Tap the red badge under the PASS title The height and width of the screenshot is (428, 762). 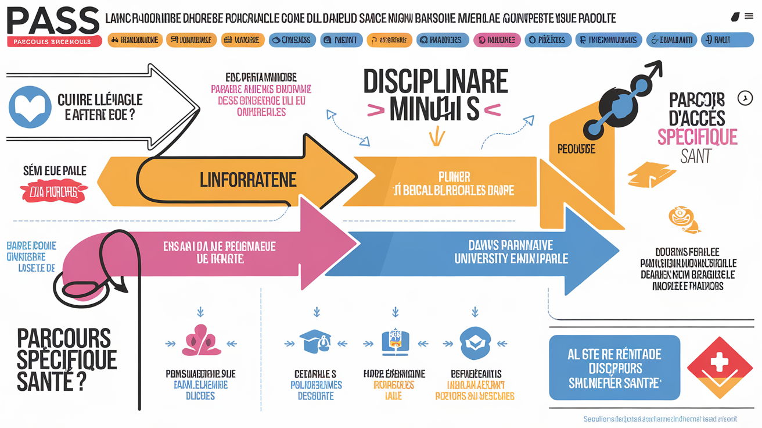tap(55, 42)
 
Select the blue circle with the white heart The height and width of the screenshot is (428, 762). tap(30, 106)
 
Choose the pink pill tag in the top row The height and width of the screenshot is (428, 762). tap(497, 40)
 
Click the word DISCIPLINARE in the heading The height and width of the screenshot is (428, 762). tap(436, 83)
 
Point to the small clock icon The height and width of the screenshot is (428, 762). tap(745, 98)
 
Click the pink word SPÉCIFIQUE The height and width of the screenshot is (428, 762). tap(697, 137)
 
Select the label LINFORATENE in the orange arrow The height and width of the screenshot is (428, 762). tap(248, 180)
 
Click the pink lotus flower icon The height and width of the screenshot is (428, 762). tap(200, 341)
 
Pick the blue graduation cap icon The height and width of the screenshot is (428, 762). tap(316, 342)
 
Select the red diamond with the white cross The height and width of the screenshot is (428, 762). tap(720, 365)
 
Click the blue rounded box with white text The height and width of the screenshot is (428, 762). tap(614, 368)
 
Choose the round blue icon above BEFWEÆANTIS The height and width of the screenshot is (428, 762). tap(475, 343)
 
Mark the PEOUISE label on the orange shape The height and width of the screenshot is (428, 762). tap(576, 149)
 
